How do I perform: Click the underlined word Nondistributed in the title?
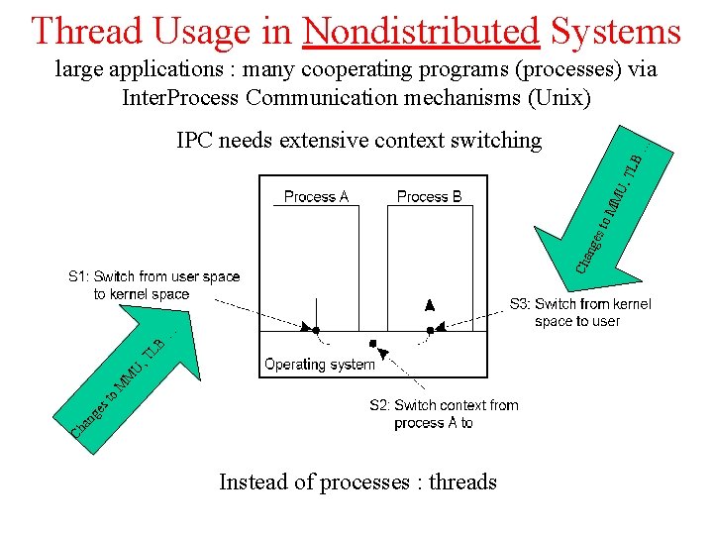tap(421, 32)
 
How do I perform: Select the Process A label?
tap(316, 196)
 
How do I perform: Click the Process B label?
tap(429, 196)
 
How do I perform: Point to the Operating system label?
tap(319, 365)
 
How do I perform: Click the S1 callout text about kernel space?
tap(153, 285)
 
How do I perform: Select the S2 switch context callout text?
tap(443, 413)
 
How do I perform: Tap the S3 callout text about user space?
tap(579, 312)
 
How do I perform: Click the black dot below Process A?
tap(316, 330)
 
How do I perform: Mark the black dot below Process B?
tap(430, 330)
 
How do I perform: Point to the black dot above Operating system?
tap(372, 344)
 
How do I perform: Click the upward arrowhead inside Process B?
tap(429, 305)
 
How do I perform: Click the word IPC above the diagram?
tap(194, 141)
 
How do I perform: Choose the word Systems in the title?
tap(615, 32)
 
